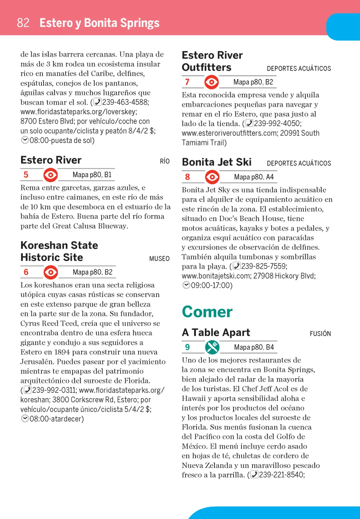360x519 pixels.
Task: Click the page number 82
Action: click(23, 23)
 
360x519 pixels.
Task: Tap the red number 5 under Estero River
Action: click(26, 175)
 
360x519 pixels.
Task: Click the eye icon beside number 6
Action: click(51, 272)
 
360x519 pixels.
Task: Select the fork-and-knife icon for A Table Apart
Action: click(212, 347)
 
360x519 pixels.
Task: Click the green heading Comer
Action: click(207, 312)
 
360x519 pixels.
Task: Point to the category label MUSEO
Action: click(159, 259)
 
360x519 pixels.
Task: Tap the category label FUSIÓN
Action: click(320, 333)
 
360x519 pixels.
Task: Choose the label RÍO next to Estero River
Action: click(165, 161)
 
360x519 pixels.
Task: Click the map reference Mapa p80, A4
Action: click(253, 177)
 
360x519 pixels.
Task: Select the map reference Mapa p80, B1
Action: click(92, 175)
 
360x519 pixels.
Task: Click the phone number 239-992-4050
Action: click(277, 124)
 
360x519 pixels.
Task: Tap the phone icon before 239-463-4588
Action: click(97, 102)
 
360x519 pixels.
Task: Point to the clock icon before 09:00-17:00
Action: click(186, 285)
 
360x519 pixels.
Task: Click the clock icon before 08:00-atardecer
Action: click(25, 419)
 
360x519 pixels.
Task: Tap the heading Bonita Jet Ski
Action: click(217, 162)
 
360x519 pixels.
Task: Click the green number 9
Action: click(187, 347)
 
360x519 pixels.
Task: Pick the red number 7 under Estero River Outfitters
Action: click(187, 82)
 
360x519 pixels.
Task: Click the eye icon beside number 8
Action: click(212, 177)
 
